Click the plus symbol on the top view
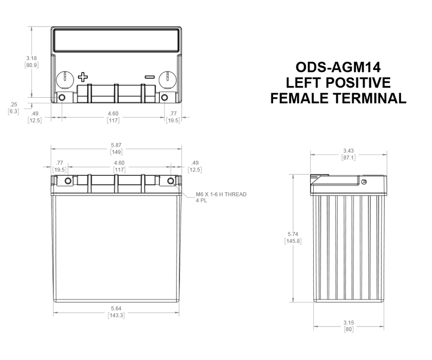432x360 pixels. click(83, 78)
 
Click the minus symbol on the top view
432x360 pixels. click(150, 77)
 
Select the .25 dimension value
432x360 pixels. click(14, 104)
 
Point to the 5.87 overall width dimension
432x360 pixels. click(116, 146)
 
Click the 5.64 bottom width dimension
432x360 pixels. click(116, 309)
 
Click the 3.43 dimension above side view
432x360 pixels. click(348, 151)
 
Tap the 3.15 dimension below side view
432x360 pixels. click(349, 322)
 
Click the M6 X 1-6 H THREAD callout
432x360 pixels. click(221, 194)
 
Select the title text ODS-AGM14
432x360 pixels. click(338, 67)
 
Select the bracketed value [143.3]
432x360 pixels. click(116, 315)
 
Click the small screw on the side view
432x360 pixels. click(365, 183)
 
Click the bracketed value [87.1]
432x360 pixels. click(348, 157)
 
